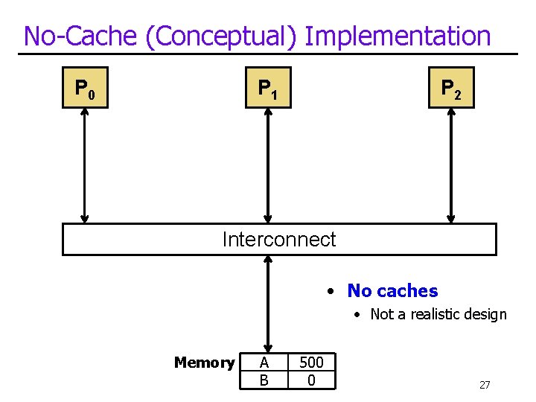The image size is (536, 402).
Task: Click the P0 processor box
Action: click(x=85, y=88)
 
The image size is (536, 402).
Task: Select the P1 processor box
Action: click(x=268, y=88)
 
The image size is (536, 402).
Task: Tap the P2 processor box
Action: click(x=451, y=88)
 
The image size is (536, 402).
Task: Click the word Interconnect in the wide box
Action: click(x=279, y=240)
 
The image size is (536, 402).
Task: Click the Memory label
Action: click(x=204, y=363)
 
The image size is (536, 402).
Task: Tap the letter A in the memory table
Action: click(x=264, y=363)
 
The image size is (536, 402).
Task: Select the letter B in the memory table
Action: click(x=264, y=380)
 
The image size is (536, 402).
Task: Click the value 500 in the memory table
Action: click(x=311, y=363)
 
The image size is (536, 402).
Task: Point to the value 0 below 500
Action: click(x=311, y=380)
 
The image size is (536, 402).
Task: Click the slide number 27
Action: click(x=485, y=385)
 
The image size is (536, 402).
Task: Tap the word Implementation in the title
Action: click(x=398, y=36)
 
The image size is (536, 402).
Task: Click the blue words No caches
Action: click(x=392, y=291)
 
